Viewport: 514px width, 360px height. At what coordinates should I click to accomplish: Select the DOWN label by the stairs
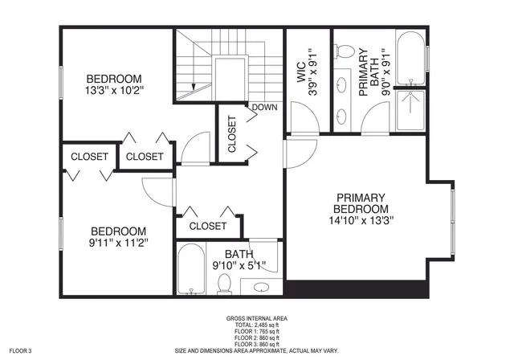pyautogui.click(x=264, y=107)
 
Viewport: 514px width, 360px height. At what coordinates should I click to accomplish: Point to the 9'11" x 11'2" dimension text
pyautogui.click(x=117, y=241)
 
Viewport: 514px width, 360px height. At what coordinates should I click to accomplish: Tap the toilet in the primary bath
pyautogui.click(x=345, y=51)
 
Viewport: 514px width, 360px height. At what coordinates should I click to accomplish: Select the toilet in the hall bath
pyautogui.click(x=225, y=282)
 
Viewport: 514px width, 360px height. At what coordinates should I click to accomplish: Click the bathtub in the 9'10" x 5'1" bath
pyautogui.click(x=191, y=271)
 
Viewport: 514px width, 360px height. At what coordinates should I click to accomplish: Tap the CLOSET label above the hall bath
pyautogui.click(x=207, y=227)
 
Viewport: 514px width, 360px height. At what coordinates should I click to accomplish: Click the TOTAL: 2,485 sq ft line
pyautogui.click(x=257, y=325)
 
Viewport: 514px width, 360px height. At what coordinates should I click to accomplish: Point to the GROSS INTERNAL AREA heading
pyautogui.click(x=257, y=318)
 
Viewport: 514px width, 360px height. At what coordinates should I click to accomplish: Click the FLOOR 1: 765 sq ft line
pyautogui.click(x=257, y=331)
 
